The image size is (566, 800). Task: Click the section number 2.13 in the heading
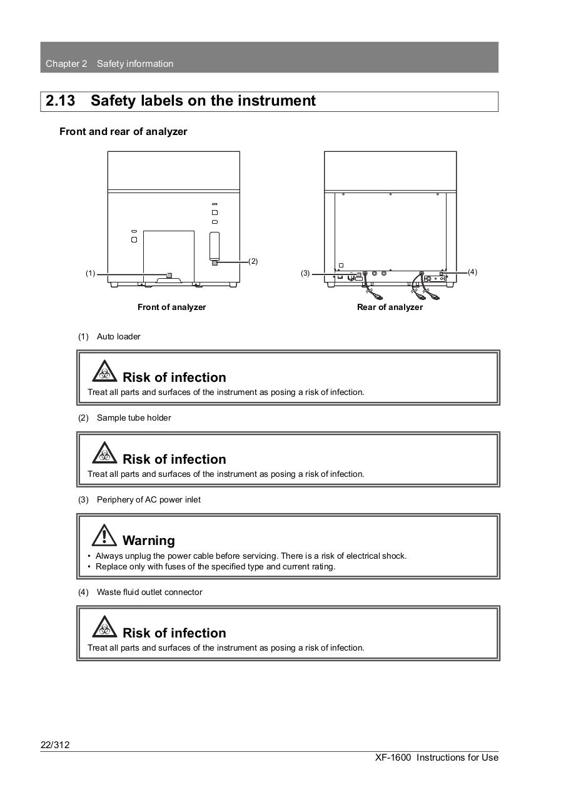[x=61, y=101]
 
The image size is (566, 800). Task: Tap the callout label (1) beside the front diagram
[x=91, y=273]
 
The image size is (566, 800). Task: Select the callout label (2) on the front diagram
[x=253, y=261]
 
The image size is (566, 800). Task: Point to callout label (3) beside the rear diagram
[x=305, y=273]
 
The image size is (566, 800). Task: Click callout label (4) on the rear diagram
[x=472, y=272]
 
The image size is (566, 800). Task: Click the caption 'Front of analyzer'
[x=171, y=307]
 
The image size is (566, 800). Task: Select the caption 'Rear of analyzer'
[x=390, y=307]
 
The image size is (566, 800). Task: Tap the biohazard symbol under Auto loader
[x=104, y=372]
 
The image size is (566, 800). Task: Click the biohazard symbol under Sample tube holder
[x=104, y=453]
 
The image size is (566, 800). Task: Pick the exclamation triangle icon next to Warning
[x=104, y=535]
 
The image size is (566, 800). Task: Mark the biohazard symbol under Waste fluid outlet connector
[x=104, y=627]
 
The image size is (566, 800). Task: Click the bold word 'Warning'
[x=149, y=541]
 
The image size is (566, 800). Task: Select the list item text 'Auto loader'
[x=119, y=336]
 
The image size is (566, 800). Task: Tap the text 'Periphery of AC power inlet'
[x=149, y=499]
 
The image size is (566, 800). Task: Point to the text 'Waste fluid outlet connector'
[x=149, y=592]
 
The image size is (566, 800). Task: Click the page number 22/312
[x=55, y=744]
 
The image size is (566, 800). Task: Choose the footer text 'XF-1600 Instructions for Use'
[x=437, y=757]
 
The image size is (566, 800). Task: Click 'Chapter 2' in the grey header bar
[x=66, y=64]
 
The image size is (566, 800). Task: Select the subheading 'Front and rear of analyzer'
[x=123, y=131]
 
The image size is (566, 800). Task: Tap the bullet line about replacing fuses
[x=215, y=566]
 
